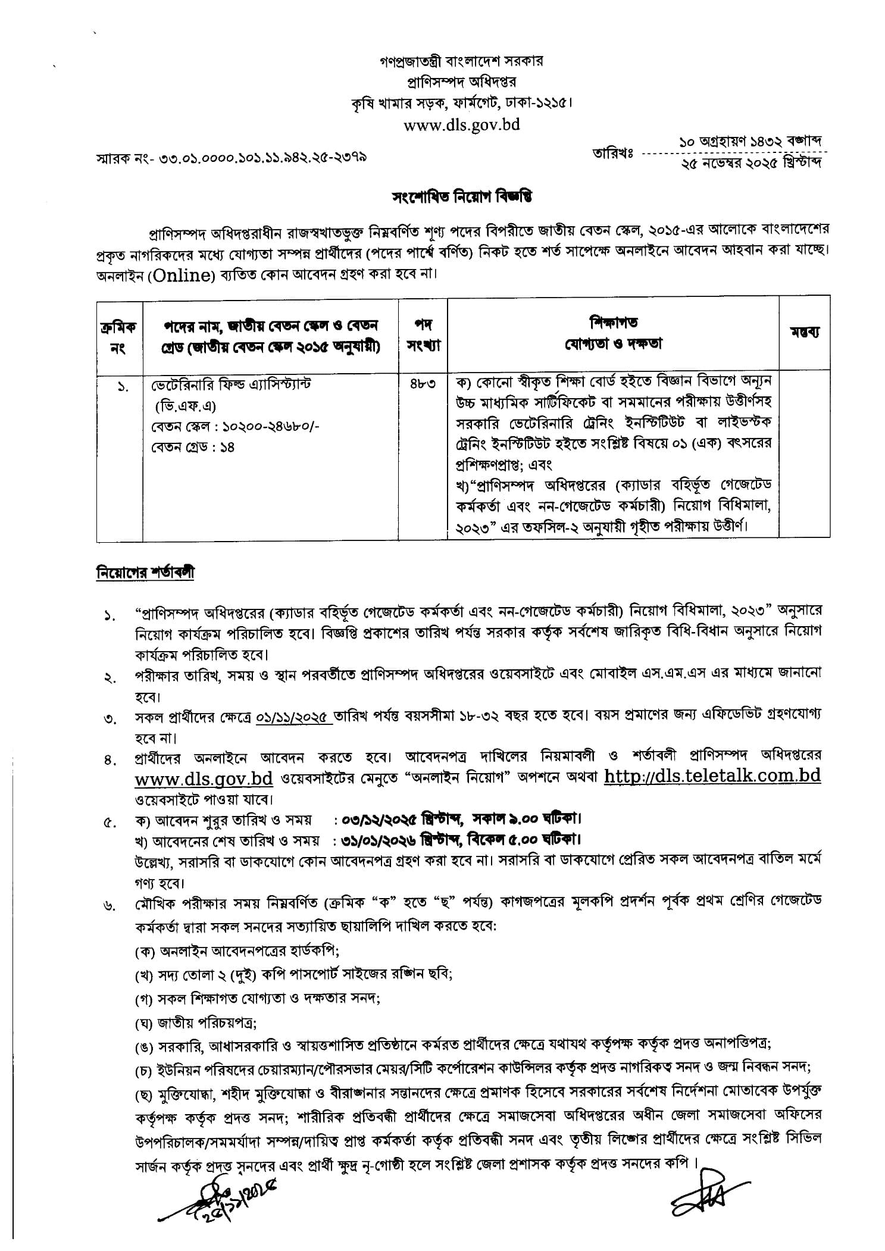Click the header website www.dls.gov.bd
[461, 125]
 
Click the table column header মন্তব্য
[805, 332]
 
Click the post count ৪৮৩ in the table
[423, 384]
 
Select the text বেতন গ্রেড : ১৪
[193, 447]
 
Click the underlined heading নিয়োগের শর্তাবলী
[145, 573]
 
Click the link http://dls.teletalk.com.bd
[712, 776]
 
